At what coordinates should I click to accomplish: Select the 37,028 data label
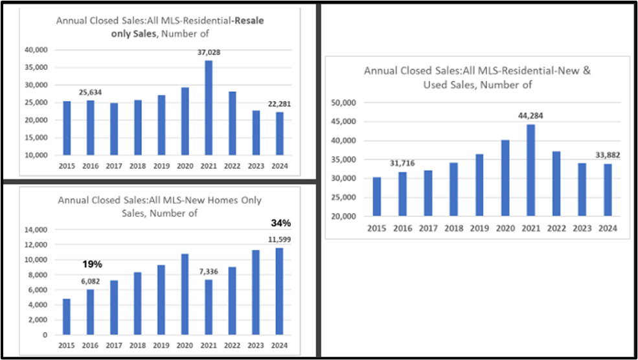209,54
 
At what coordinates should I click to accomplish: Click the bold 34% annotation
280,223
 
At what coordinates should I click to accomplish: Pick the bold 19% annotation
93,264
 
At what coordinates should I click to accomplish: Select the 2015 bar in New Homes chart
66,317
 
